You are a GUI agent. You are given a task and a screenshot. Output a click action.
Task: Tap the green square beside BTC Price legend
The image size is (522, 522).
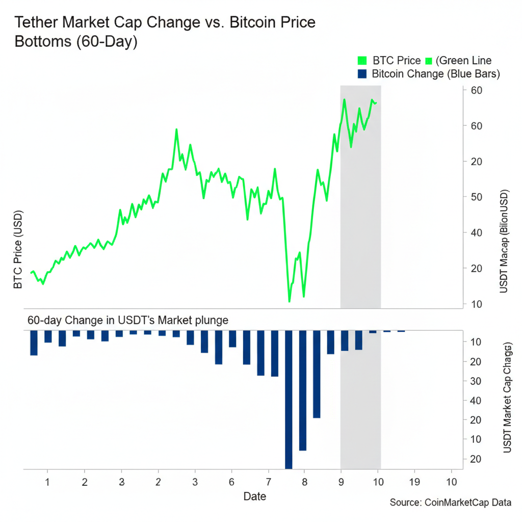362,61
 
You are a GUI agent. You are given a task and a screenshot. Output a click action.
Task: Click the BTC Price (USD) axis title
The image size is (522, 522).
18,249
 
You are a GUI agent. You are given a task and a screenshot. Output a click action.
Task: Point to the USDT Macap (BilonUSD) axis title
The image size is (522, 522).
504,242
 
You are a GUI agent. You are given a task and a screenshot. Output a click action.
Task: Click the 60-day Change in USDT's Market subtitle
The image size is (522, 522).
127,321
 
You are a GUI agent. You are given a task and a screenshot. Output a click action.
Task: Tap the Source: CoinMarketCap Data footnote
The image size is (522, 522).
450,503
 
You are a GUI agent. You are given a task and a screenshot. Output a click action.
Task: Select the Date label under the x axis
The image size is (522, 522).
254,496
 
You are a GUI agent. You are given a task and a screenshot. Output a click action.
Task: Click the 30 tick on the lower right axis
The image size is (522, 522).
476,381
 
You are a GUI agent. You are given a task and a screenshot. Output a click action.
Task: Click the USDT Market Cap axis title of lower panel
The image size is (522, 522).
507,398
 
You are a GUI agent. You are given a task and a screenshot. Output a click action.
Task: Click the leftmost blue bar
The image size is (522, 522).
34,343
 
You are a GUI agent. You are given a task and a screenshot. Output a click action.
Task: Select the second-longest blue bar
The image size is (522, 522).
303,390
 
